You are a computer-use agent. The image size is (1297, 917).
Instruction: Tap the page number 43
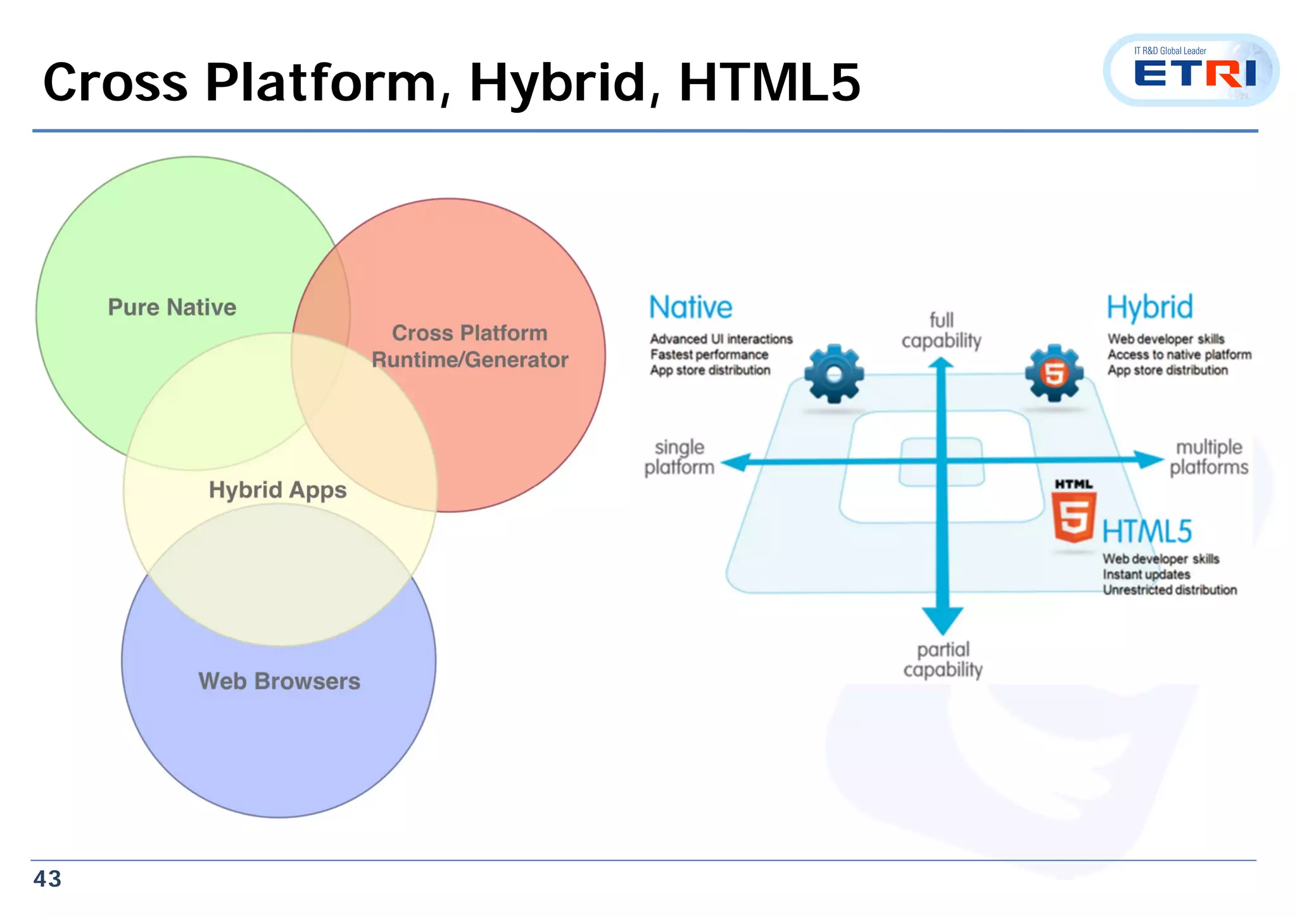tap(47, 879)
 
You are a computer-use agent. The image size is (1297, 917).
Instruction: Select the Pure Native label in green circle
tap(172, 307)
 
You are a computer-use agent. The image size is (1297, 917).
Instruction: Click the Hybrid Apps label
tap(277, 490)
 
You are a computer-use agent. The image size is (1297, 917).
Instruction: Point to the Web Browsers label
tap(279, 681)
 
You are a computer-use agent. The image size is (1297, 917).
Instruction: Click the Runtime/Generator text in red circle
tap(470, 360)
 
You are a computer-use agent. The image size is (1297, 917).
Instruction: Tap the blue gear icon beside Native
tap(834, 374)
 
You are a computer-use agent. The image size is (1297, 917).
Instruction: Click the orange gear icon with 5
tap(1054, 373)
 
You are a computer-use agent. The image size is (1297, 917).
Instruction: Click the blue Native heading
tap(690, 308)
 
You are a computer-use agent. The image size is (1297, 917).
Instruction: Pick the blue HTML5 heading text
tap(1147, 531)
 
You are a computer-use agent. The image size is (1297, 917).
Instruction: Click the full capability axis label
tap(941, 331)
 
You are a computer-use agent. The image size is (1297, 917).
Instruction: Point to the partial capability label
tap(943, 660)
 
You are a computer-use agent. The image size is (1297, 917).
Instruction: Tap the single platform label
tap(680, 457)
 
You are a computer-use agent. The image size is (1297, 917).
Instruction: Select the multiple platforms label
tap(1208, 457)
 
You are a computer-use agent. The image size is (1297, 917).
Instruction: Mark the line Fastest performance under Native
tap(709, 355)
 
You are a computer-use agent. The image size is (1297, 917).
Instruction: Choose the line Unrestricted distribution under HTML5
tap(1169, 590)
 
